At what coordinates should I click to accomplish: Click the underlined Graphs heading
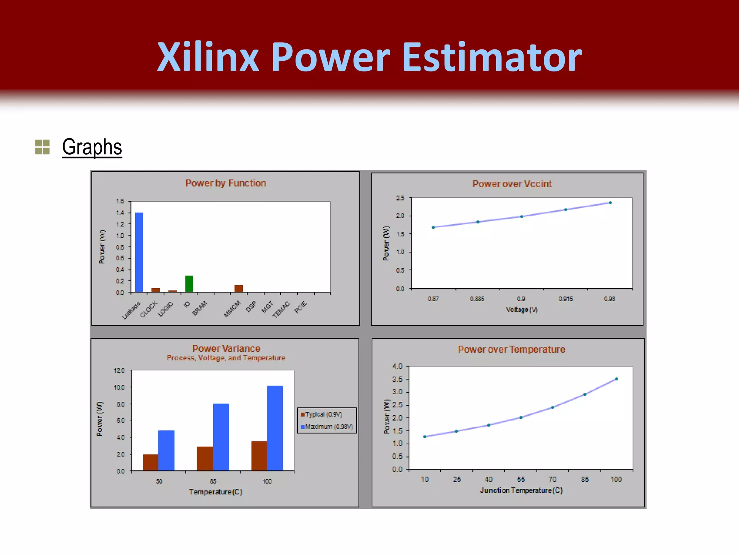click(x=92, y=147)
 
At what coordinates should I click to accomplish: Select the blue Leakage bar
click(x=139, y=252)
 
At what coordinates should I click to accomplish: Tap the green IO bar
click(x=189, y=284)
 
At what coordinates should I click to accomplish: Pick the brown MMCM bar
click(x=239, y=288)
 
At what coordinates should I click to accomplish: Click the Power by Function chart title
click(x=226, y=183)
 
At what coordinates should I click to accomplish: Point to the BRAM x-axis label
click(x=200, y=308)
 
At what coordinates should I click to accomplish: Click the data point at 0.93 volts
click(x=610, y=203)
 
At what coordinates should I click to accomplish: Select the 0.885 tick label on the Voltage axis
click(x=477, y=299)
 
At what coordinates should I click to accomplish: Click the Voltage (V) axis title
click(x=522, y=310)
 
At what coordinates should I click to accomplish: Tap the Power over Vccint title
click(x=512, y=184)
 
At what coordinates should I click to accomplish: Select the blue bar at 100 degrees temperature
click(x=275, y=428)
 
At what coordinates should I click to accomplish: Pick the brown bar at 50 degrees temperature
click(x=150, y=462)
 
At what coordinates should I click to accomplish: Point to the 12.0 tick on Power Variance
click(x=119, y=370)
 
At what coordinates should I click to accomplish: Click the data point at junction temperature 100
click(x=616, y=379)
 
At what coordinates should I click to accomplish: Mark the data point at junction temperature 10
click(x=425, y=437)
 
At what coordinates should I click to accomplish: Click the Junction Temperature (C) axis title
click(x=521, y=491)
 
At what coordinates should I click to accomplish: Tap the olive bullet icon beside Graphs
click(x=42, y=147)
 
